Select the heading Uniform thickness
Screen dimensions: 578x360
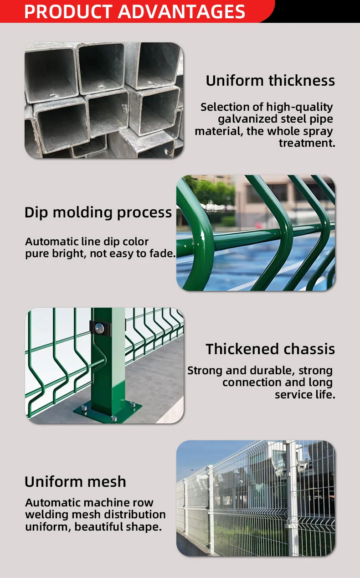(x=270, y=81)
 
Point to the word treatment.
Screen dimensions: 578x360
(x=307, y=143)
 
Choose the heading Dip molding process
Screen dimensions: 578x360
(x=98, y=212)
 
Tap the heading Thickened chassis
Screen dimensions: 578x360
(x=270, y=349)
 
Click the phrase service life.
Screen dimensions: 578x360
(x=305, y=395)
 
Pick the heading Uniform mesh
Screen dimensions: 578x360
(x=75, y=482)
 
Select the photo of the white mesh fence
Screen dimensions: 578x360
(x=256, y=498)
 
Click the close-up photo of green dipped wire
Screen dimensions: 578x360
(x=256, y=233)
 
